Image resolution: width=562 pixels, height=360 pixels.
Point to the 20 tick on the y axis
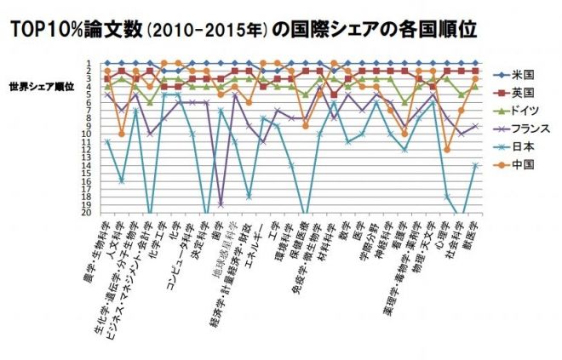coord(88,213)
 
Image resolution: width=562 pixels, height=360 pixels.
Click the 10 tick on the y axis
coord(88,134)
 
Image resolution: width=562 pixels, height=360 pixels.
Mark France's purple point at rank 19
coord(221,204)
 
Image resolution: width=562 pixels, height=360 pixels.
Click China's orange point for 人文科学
coord(122,134)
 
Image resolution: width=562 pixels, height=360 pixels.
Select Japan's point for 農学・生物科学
coord(107,141)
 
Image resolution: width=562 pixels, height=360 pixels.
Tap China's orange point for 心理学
coord(447,149)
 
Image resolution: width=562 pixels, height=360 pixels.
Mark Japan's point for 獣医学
coord(475,165)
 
